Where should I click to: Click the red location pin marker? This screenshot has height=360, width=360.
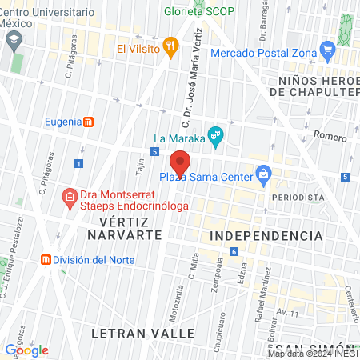pos(180,164)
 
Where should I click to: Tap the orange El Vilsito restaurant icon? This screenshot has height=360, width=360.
pos(170,47)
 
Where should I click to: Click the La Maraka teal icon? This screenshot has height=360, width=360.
pos(214,134)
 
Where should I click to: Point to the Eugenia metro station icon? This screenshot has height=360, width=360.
pos(89,122)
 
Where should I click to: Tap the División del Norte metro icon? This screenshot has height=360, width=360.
pos(46,260)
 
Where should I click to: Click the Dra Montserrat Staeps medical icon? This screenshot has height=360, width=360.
pos(70,194)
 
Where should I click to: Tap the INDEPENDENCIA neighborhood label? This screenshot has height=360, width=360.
pos(266,236)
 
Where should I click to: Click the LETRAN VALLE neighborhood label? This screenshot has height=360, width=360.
pos(143,331)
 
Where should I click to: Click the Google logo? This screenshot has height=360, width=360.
pos(26,350)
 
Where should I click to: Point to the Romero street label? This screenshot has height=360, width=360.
pos(329,138)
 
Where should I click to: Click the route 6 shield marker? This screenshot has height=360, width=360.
pos(234,252)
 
